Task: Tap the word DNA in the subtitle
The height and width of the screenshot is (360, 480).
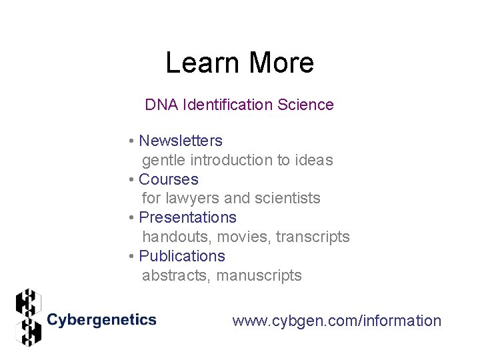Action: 161,105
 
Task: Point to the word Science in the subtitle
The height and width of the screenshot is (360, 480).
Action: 307,105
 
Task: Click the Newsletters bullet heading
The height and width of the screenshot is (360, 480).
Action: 181,141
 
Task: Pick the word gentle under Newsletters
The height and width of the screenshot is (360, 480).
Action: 164,160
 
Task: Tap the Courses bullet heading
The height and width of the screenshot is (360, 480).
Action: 169,179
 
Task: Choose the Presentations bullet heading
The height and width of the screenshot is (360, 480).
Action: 187,217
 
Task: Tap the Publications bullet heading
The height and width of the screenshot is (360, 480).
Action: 182,256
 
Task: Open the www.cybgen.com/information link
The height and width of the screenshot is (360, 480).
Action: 337,321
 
